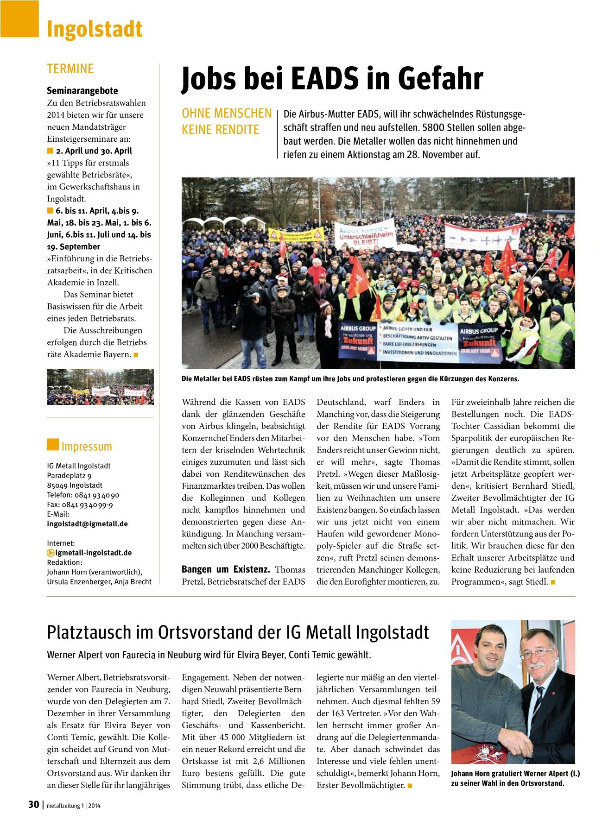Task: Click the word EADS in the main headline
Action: coord(323,79)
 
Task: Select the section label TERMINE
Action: coord(70,69)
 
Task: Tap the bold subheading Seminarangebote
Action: coord(82,91)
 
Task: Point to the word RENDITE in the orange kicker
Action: coord(240,130)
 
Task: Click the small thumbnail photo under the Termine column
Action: coord(100,387)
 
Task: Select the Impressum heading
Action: coord(86,447)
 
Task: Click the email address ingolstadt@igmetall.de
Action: coord(88,524)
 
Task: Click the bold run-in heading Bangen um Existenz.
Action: coord(226,569)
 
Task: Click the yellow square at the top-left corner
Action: coord(19,19)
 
